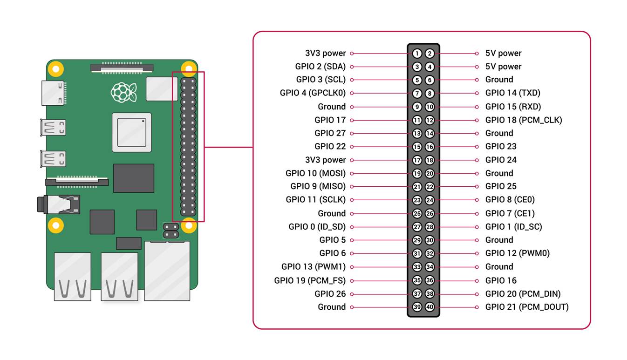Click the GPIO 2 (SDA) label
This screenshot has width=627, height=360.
click(x=320, y=67)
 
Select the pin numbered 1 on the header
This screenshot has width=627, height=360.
click(x=417, y=54)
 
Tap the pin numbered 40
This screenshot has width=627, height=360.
click(x=429, y=307)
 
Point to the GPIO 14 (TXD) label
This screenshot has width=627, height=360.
click(x=512, y=93)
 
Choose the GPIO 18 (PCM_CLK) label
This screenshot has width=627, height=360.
click(x=523, y=120)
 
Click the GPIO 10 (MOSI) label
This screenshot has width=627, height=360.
click(x=315, y=173)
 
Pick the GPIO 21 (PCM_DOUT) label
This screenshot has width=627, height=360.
click(x=526, y=307)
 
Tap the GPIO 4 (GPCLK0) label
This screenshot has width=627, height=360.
click(x=313, y=93)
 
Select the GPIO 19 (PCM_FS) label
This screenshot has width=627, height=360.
click(x=310, y=280)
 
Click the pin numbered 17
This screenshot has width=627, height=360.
click(x=417, y=160)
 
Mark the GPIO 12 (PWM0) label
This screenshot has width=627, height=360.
click(x=517, y=253)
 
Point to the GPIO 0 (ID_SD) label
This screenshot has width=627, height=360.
click(x=317, y=227)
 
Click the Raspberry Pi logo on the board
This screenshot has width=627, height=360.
click(x=123, y=92)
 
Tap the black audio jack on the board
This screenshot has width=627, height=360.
click(x=58, y=204)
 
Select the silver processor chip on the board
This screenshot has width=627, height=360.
click(x=131, y=132)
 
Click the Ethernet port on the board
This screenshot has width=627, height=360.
click(x=167, y=270)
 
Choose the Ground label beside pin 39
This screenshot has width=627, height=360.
click(x=332, y=307)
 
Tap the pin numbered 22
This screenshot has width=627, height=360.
click(x=429, y=187)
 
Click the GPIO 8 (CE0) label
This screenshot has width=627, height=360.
click(x=510, y=200)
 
